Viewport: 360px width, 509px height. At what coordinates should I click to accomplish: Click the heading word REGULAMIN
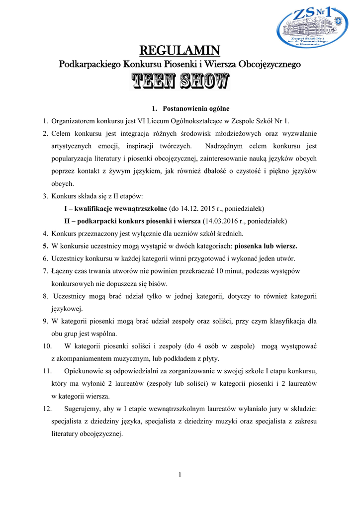point(180,50)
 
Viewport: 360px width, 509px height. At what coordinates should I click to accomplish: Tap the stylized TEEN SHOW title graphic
point(180,82)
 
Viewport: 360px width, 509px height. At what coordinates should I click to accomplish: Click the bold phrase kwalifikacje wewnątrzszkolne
point(120,208)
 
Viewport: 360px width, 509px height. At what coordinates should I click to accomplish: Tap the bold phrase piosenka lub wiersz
point(266,246)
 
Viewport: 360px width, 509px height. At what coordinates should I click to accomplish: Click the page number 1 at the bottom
point(180,475)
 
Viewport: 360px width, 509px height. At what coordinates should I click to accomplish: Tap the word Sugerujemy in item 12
point(83,409)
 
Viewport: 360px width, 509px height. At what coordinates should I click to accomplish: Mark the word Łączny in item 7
point(62,271)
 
